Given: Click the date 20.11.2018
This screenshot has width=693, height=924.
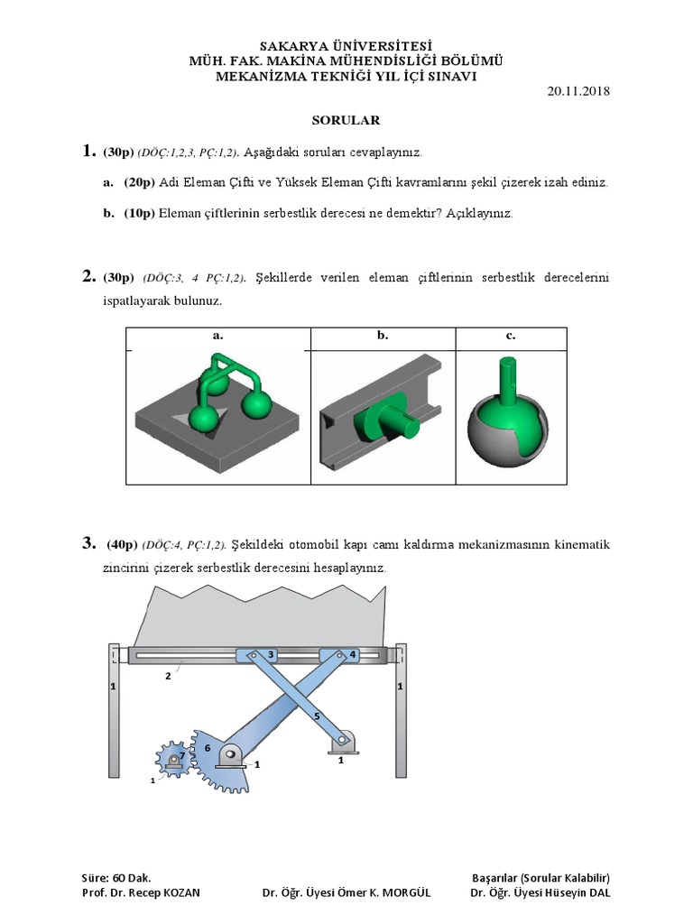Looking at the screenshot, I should pyautogui.click(x=579, y=91).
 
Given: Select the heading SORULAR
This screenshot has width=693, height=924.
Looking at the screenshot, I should pyautogui.click(x=346, y=119).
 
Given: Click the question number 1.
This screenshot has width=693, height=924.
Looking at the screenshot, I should pyautogui.click(x=88, y=152).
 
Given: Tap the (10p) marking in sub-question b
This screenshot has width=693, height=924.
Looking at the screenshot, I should pyautogui.click(x=139, y=214).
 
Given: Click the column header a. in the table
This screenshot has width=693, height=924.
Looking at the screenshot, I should pyautogui.click(x=217, y=336).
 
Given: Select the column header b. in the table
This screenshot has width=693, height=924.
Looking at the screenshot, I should pyautogui.click(x=383, y=336).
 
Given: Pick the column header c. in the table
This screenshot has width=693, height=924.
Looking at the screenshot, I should pyautogui.click(x=511, y=336).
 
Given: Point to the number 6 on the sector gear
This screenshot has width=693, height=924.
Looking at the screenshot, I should pyautogui.click(x=207, y=748).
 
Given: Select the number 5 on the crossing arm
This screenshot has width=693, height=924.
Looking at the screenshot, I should pyautogui.click(x=317, y=716).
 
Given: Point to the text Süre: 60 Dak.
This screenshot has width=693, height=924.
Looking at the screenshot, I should pyautogui.click(x=116, y=877).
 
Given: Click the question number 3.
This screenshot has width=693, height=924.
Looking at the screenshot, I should pyautogui.click(x=88, y=543).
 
